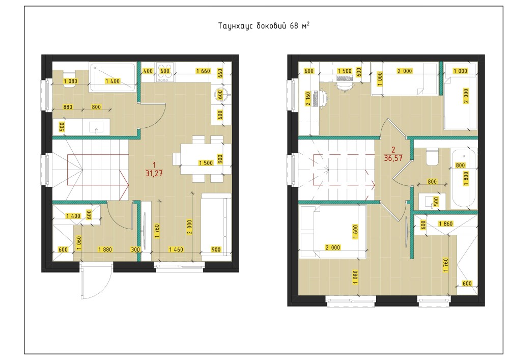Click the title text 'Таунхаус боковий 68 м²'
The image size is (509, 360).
pos(264,25)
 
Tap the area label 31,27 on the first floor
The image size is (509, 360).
pos(154,173)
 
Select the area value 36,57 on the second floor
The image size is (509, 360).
pos(393,158)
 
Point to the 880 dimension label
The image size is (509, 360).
pos(68,107)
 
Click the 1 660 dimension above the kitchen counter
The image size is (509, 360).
pos(203,71)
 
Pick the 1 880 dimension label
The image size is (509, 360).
pos(105,250)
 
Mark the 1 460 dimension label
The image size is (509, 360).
pos(176,250)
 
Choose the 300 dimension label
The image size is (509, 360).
pos(135,250)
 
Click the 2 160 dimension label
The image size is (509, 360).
pos(308,99)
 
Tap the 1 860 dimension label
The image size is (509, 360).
pos(446,224)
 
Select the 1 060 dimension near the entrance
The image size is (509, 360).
pos(79,243)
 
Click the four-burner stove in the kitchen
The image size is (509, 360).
pos(165,72)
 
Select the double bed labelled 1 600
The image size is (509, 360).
pos(333,232)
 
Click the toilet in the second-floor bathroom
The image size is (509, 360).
pos(432,157)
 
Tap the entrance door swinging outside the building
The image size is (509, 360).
pos(96,281)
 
